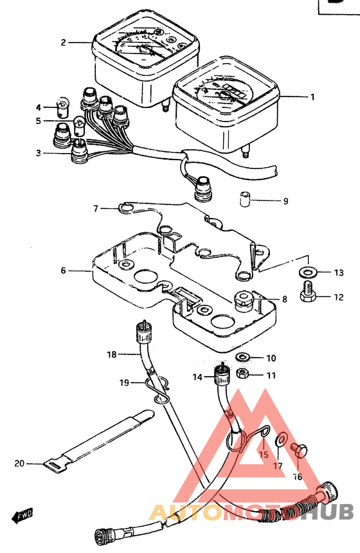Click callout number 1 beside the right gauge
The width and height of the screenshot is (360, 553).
312,96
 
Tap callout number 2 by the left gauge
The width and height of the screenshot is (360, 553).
63,42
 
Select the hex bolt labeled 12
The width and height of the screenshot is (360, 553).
308,292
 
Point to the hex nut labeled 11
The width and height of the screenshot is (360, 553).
242,374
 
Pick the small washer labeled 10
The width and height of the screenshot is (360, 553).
242,358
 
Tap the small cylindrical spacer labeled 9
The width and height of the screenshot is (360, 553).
245,199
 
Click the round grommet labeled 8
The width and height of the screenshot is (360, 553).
242,301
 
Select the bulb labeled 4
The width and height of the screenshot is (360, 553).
63,107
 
